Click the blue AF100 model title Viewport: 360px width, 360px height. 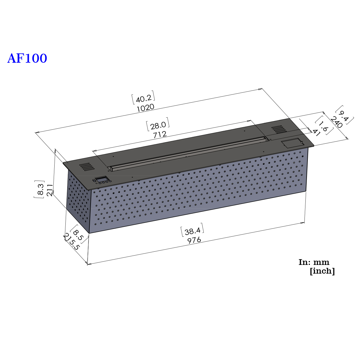pos(27,58)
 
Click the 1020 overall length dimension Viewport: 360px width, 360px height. pos(145,108)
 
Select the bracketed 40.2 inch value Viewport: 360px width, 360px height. pos(143,97)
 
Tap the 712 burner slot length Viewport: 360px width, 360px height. pos(160,134)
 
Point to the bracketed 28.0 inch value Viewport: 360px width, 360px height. pos(158,124)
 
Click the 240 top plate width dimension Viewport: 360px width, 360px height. pos(337,122)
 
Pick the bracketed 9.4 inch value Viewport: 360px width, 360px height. pos(344,115)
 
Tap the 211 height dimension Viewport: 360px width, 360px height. pos(49,190)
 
